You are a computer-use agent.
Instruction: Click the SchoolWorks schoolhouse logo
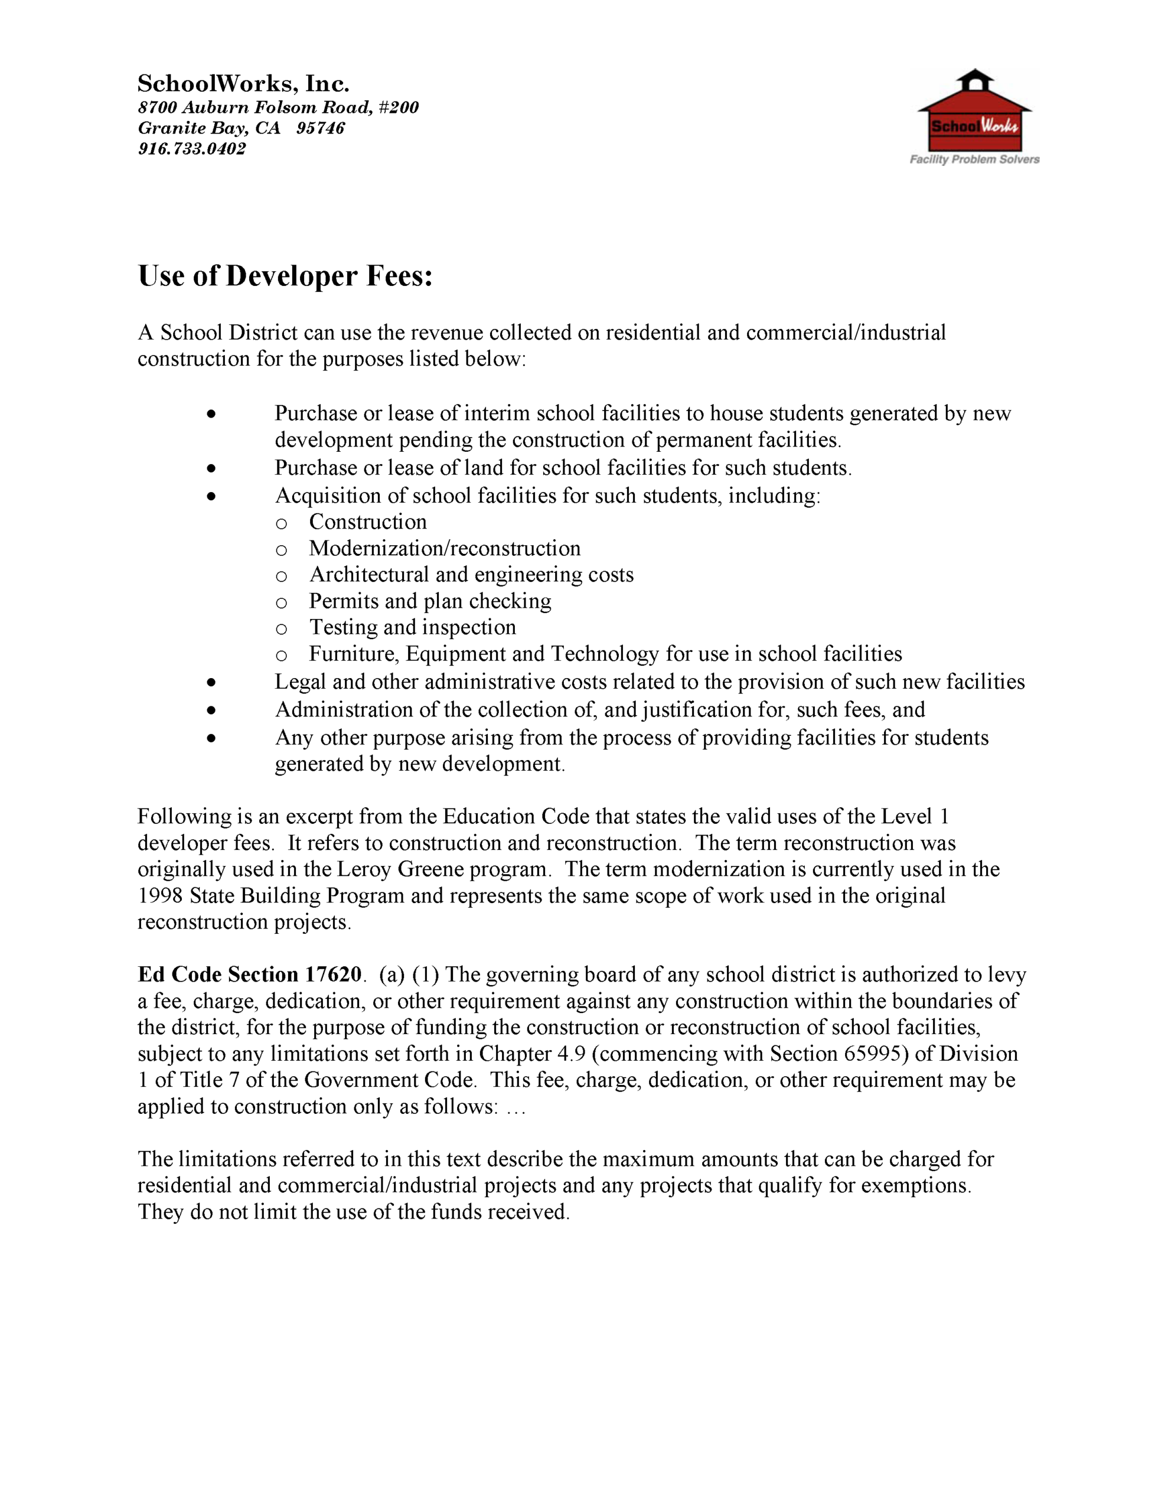pyautogui.click(x=974, y=111)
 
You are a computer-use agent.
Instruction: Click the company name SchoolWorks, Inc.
pyautogui.click(x=243, y=84)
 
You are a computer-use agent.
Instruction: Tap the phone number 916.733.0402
pyautogui.click(x=192, y=149)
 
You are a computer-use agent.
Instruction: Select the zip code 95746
pyautogui.click(x=320, y=128)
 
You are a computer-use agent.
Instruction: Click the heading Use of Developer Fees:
pyautogui.click(x=285, y=276)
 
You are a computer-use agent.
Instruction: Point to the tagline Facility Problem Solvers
pyautogui.click(x=974, y=159)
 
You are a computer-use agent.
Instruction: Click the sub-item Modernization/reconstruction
pyautogui.click(x=445, y=548)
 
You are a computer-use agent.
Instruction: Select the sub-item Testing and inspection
pyautogui.click(x=412, y=627)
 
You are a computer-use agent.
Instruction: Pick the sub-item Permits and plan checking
pyautogui.click(x=430, y=601)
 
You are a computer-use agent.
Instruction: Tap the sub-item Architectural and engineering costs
pyautogui.click(x=471, y=575)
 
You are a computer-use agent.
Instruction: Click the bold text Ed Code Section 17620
pyautogui.click(x=249, y=974)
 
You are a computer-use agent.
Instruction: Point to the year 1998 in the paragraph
pyautogui.click(x=160, y=896)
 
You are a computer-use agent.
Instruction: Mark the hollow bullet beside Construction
pyautogui.click(x=281, y=523)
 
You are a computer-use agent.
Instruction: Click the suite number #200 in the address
pyautogui.click(x=399, y=107)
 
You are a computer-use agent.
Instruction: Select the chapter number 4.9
pyautogui.click(x=571, y=1053)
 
